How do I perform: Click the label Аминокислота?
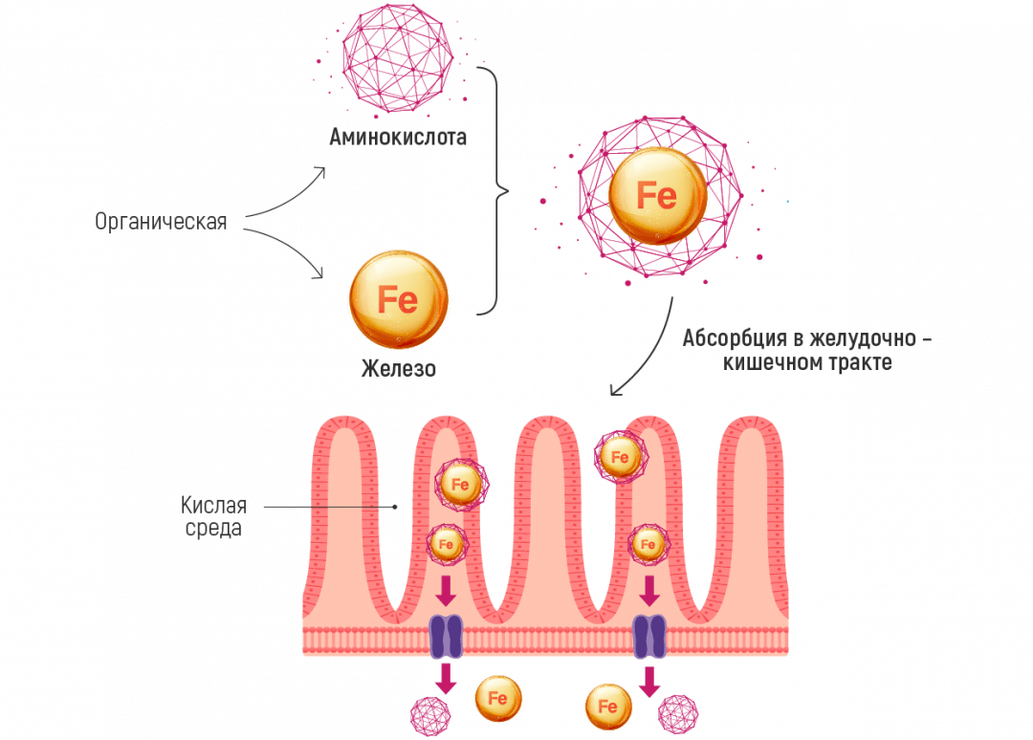pos(396,138)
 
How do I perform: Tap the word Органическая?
pos(162,223)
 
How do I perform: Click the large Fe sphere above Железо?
pos(397,300)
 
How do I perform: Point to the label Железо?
pos(398,367)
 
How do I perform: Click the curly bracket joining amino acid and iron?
pos(493,191)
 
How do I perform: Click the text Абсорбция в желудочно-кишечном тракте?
pos(802,351)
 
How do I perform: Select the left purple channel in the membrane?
pos(445,637)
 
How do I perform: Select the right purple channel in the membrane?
pos(650,637)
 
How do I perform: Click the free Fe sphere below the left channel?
pos(498,698)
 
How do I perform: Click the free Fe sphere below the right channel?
pos(607,707)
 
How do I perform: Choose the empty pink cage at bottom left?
pos(429,713)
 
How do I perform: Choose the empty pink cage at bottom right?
pos(679,713)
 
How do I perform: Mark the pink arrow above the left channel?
pos(445,593)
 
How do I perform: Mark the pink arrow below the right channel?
pos(650,681)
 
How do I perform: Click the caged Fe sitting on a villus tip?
pos(619,457)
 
